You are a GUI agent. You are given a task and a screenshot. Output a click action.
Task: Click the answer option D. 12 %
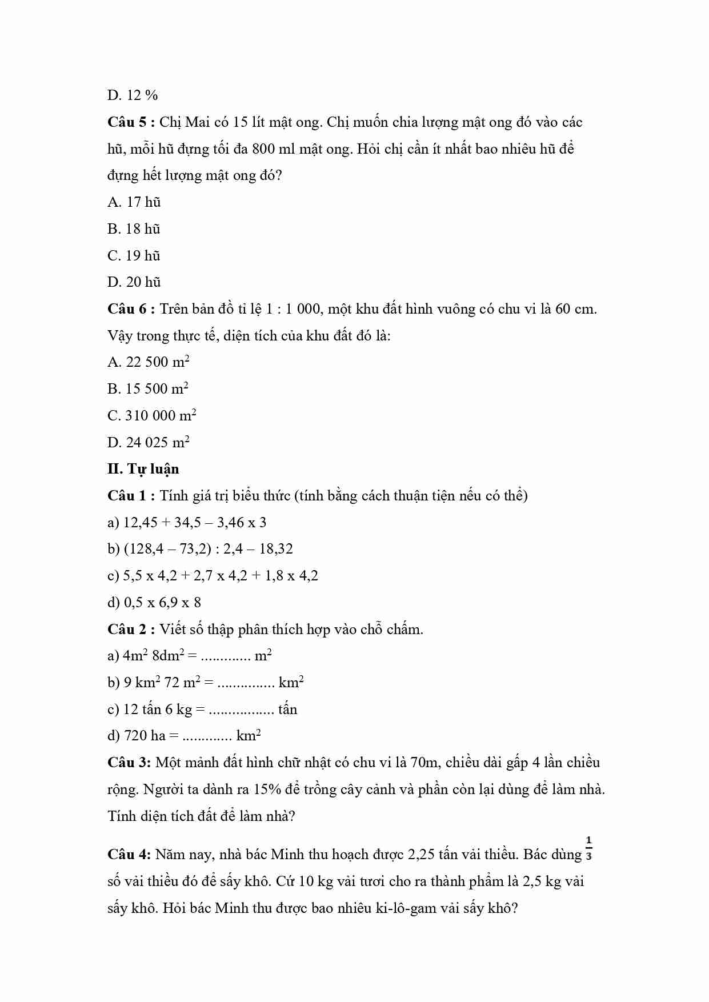(132, 95)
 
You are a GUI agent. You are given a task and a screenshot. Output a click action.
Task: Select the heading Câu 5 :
(131, 122)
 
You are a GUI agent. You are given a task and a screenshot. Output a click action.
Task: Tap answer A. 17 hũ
(134, 202)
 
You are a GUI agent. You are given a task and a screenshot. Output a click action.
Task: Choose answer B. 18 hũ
(134, 229)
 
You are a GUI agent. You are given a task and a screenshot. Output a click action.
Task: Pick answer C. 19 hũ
(134, 255)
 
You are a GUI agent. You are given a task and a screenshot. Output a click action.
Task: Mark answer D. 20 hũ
(134, 282)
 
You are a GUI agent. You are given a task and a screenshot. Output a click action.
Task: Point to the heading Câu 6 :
(131, 309)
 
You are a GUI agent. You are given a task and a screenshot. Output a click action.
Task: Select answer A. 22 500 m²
(148, 362)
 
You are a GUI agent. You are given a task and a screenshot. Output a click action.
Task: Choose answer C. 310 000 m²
(151, 415)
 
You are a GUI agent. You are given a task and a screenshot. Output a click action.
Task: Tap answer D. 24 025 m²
(148, 442)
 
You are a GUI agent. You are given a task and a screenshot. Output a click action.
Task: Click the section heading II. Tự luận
(143, 470)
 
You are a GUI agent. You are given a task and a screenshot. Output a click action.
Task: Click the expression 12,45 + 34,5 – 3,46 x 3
(195, 523)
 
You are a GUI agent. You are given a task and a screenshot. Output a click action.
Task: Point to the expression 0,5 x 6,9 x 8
(162, 603)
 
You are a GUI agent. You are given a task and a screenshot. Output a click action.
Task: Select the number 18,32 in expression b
(276, 549)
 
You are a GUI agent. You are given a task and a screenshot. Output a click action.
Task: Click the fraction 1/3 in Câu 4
(589, 848)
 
